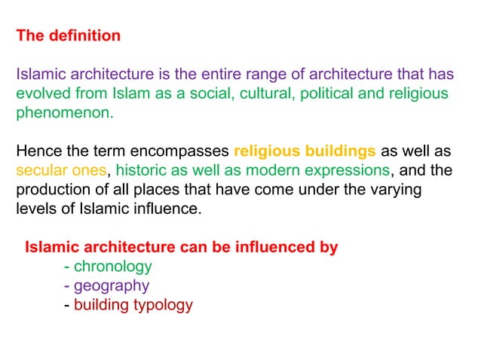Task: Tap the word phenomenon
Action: pyautogui.click(x=64, y=114)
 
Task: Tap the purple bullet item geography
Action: pyautogui.click(x=112, y=286)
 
